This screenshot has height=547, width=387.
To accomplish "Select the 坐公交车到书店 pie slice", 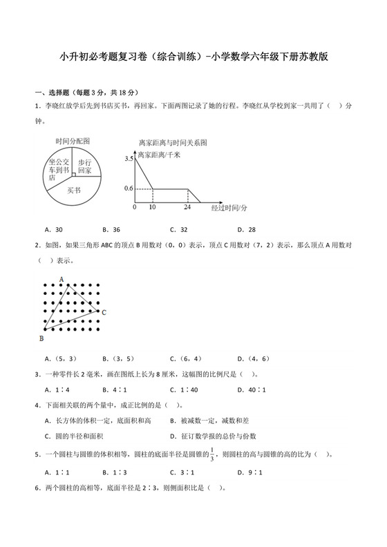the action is (58, 168).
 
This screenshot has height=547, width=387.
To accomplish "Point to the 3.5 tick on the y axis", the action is (129, 159).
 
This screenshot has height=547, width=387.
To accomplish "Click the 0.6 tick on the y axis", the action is (129, 188).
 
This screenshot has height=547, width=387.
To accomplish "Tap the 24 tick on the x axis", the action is (187, 207).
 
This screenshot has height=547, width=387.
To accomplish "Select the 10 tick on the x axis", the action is (152, 207).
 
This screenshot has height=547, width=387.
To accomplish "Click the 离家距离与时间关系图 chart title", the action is (173, 142).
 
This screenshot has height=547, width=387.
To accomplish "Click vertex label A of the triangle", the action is (62, 279).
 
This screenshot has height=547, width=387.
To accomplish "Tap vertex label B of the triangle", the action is (41, 338).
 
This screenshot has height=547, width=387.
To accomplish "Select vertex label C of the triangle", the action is (103, 313).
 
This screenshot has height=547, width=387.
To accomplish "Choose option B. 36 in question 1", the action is (111, 229).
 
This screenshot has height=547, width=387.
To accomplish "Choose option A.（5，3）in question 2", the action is (59, 358).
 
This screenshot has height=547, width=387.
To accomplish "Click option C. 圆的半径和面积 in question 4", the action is (71, 436).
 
